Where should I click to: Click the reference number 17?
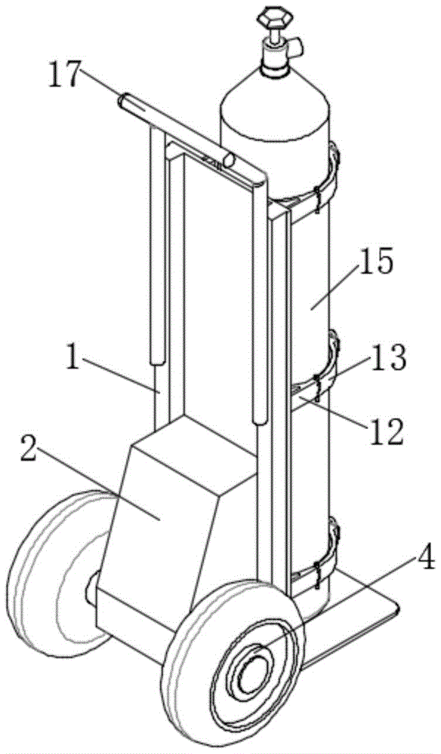[63, 76]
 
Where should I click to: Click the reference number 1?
[72, 359]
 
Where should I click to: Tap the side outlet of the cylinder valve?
[298, 47]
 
